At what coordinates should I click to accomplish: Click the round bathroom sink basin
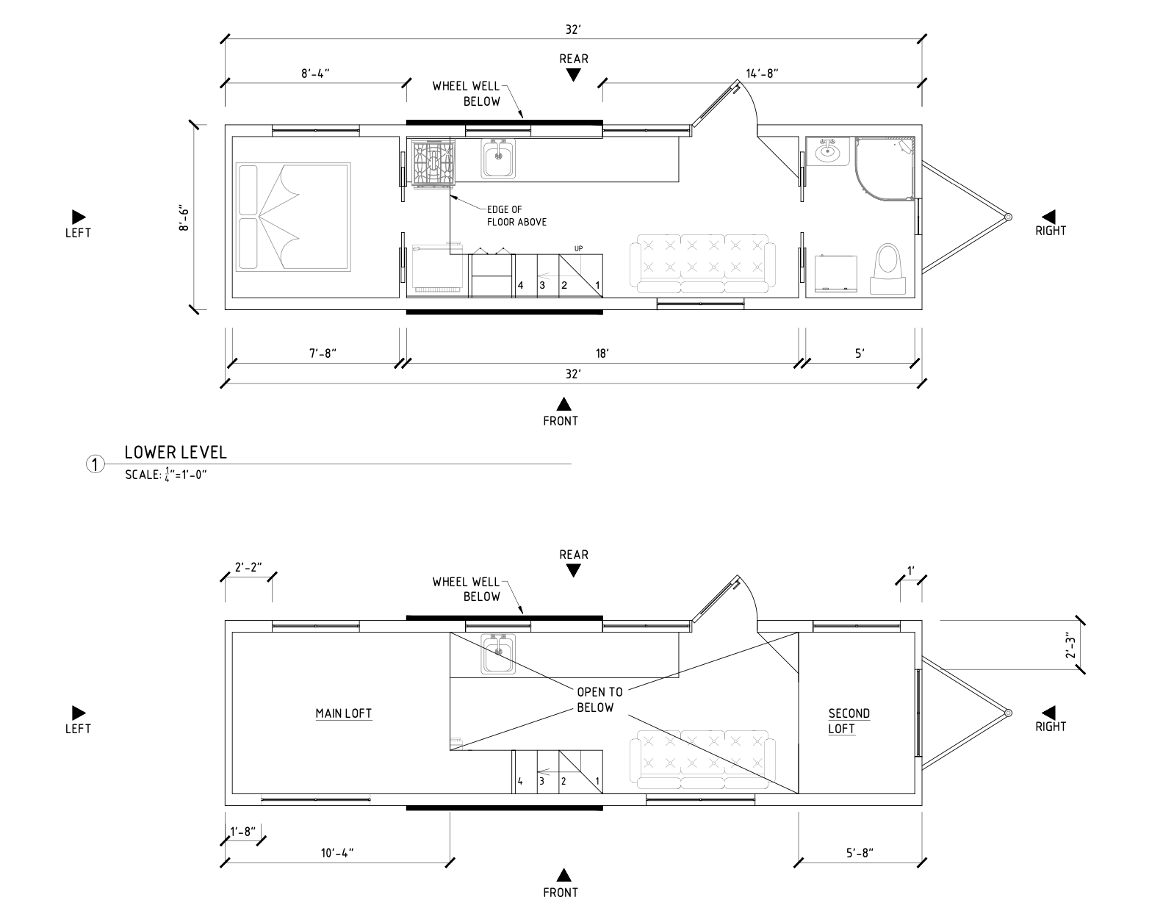point(828,153)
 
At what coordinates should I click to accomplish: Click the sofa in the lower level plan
point(702,264)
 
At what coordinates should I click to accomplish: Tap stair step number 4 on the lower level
point(520,285)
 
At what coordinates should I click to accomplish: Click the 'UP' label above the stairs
point(578,249)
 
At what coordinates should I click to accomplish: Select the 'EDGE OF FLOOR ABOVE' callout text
point(516,216)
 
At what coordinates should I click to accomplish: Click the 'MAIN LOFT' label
point(343,713)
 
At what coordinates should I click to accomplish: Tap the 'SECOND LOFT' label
point(849,721)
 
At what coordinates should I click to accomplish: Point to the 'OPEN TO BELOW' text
point(599,699)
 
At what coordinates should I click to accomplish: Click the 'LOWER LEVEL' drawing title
point(176,453)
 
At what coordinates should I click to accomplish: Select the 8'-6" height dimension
point(185,218)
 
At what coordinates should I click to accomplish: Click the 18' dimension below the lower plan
point(602,353)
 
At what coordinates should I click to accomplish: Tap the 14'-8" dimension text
point(761,73)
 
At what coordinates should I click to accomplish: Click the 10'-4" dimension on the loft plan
point(337,853)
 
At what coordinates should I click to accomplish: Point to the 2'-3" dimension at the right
point(1071,644)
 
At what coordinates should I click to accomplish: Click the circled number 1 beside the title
point(95,464)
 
